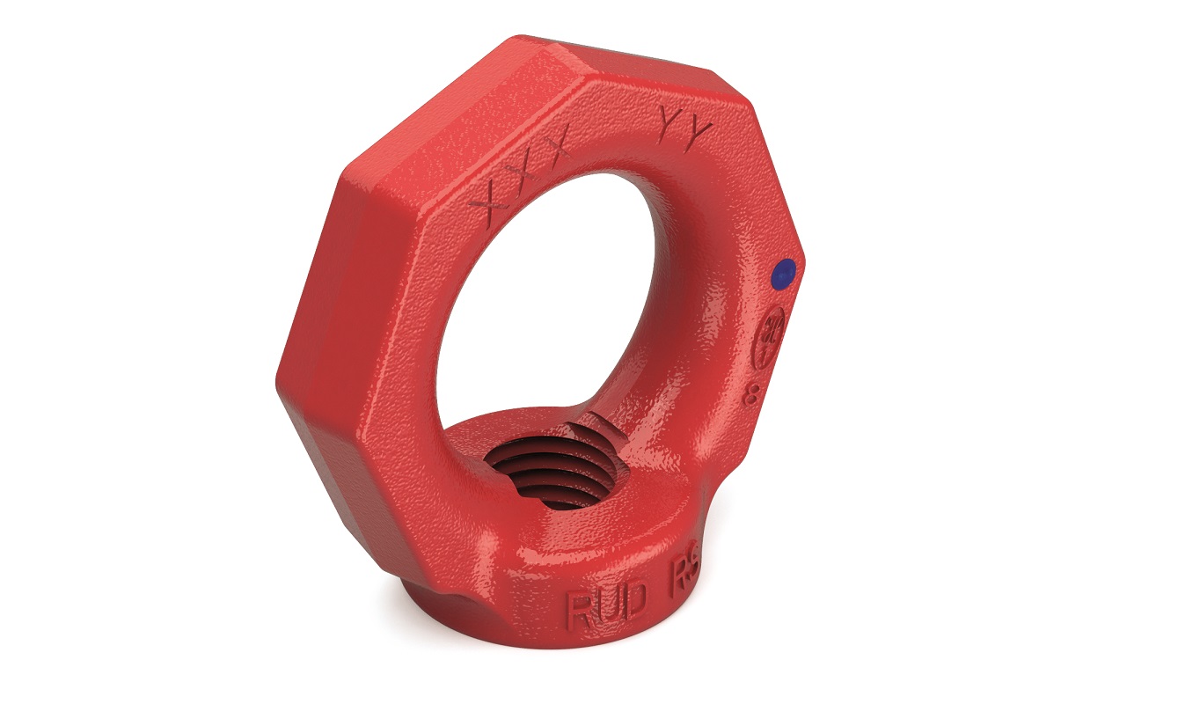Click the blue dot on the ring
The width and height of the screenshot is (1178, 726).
(x=782, y=274)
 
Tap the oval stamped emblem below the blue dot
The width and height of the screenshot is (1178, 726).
(x=772, y=331)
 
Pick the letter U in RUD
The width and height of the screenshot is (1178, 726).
(x=608, y=606)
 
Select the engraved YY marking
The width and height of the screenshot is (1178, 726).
(x=686, y=128)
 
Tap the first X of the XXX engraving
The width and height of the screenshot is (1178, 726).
(x=489, y=196)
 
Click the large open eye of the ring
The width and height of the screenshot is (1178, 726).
(x=563, y=290)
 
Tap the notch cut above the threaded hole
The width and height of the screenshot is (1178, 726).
(x=598, y=430)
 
